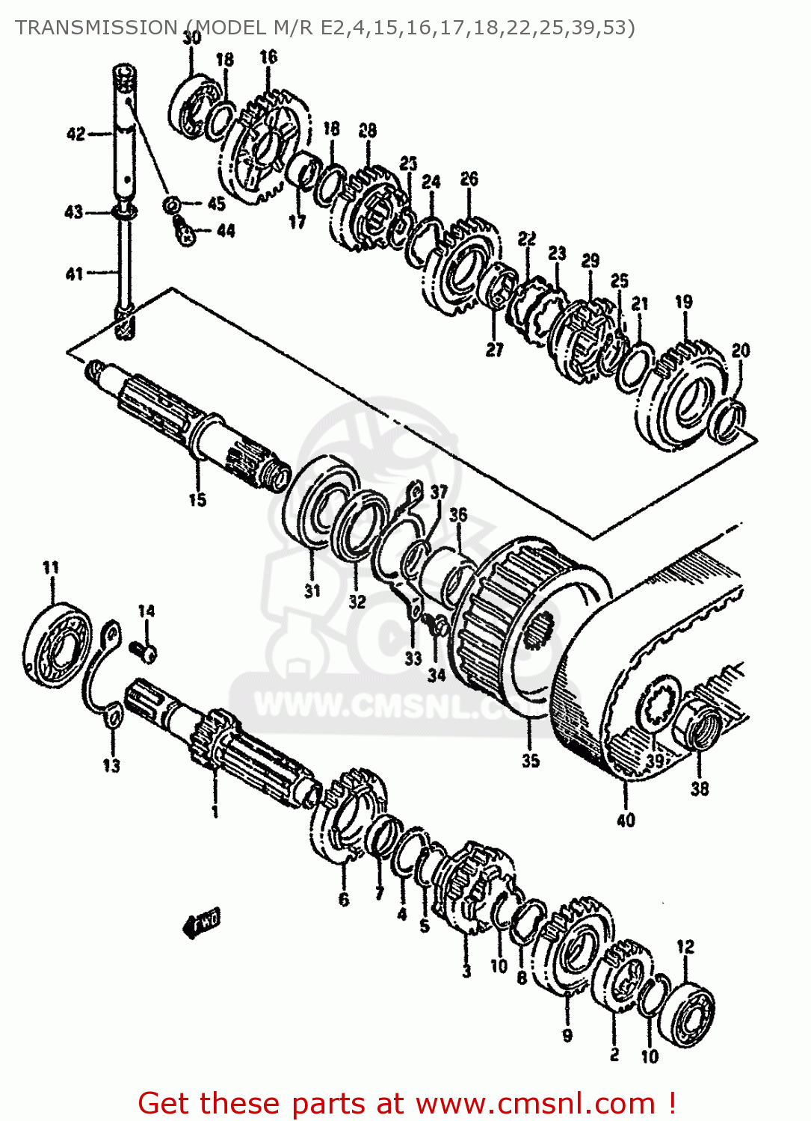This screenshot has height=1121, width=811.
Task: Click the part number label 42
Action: pos(75,135)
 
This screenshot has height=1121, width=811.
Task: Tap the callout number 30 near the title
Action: pos(191,37)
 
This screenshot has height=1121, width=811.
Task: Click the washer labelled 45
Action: pos(171,203)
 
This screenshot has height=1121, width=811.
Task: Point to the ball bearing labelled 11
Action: pos(57,643)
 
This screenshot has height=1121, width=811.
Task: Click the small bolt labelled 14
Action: pos(145,652)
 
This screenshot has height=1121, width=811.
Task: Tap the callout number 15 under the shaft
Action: pos(197,499)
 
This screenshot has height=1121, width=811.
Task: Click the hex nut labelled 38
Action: pos(701,729)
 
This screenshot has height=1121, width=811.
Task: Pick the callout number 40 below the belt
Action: pos(626,820)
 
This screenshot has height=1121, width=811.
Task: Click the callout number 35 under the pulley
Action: pos(531,761)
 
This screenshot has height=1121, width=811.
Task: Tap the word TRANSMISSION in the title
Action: pos(96,28)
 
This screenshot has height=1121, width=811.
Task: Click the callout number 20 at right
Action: pos(740,350)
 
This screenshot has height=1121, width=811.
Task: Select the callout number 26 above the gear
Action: pos(469,179)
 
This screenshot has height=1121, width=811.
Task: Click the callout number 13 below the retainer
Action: pos(111,765)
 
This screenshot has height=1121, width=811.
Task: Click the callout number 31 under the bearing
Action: pos(312,590)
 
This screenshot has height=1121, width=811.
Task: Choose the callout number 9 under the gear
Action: pos(567,1035)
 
